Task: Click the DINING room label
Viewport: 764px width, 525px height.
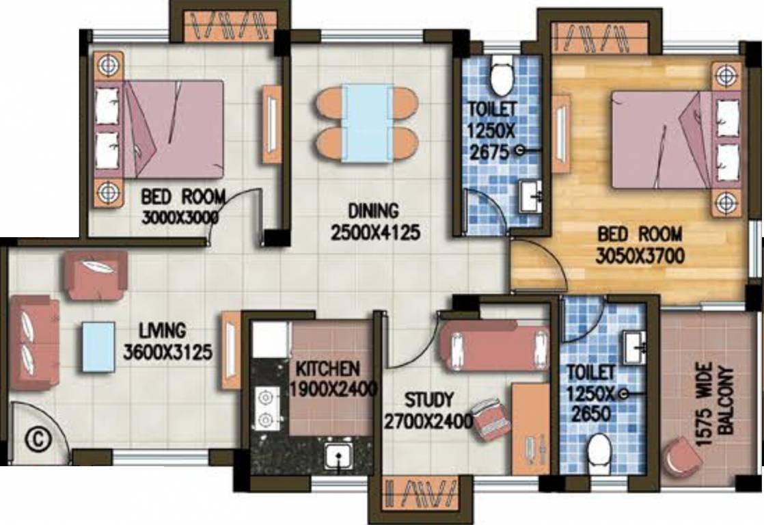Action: (373, 211)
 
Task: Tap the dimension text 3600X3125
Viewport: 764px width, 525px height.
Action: (167, 352)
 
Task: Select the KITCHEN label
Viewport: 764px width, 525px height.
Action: (329, 368)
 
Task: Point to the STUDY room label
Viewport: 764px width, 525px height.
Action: (428, 400)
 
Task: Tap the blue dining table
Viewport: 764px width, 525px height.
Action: (368, 123)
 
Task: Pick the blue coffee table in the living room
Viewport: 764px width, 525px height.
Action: (98, 347)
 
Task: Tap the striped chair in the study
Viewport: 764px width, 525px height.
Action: (491, 418)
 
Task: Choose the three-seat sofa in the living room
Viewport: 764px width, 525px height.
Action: (33, 343)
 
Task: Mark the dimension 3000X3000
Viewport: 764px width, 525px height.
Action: (180, 217)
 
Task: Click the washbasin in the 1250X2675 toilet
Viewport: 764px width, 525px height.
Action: (530, 196)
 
